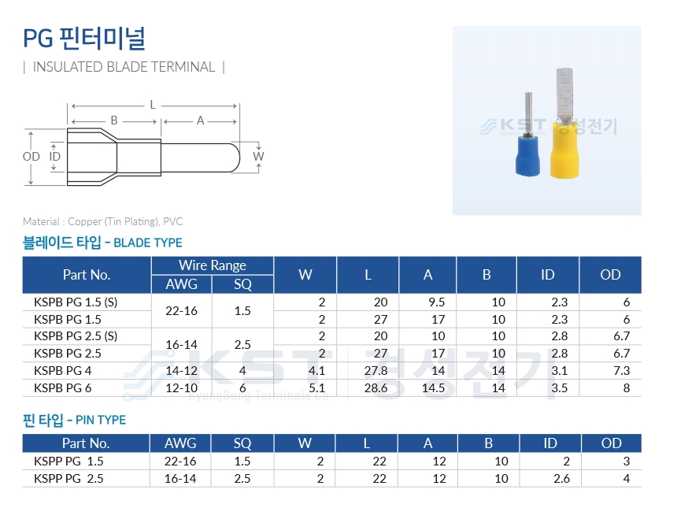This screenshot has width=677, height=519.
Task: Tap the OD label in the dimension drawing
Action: (x=31, y=156)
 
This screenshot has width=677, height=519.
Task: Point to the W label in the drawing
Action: (x=258, y=156)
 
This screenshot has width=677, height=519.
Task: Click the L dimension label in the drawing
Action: (x=153, y=105)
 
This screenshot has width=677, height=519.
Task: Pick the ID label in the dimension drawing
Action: (x=55, y=156)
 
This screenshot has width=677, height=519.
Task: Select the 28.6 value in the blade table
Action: (x=375, y=387)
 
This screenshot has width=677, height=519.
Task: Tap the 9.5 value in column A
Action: (x=437, y=302)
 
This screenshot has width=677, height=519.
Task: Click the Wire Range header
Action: (x=213, y=265)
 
